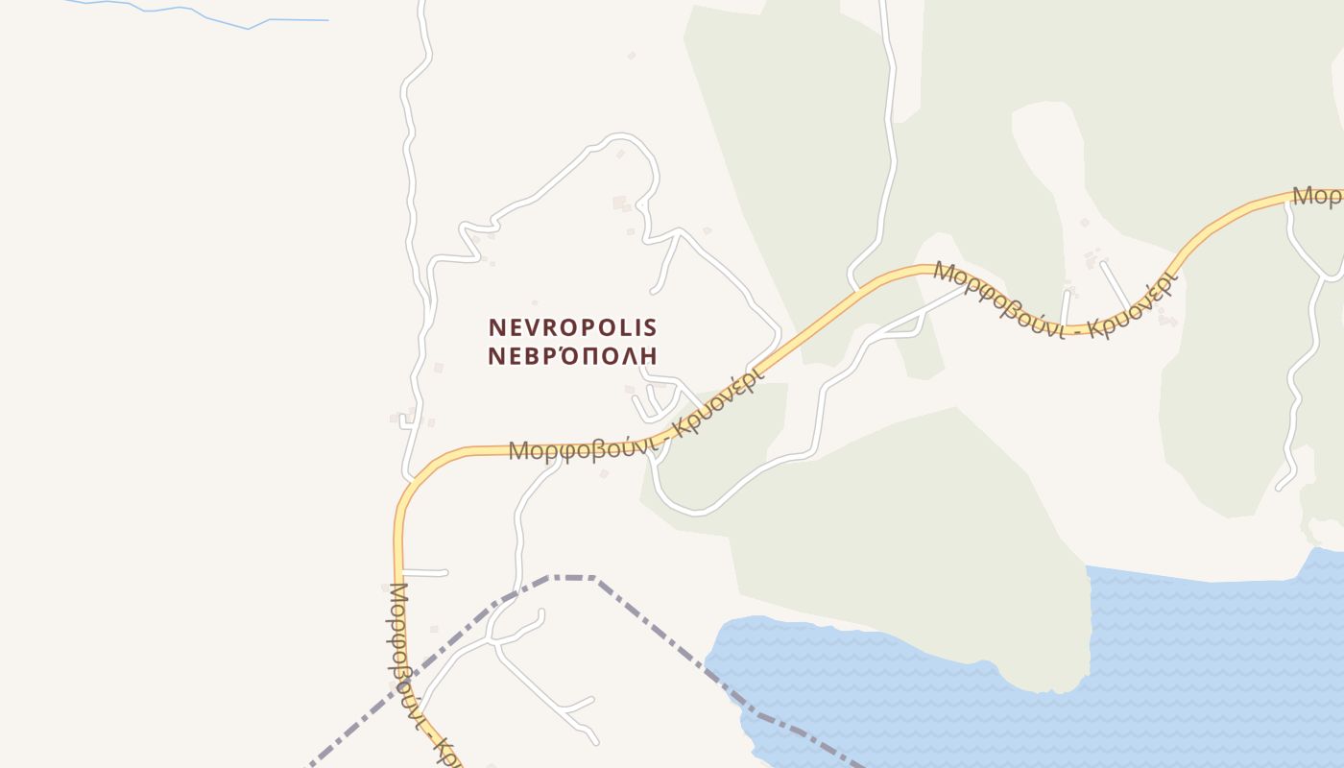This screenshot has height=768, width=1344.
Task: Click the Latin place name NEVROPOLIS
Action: coord(572,327)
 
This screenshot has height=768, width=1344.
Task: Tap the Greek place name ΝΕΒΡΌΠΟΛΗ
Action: coord(572,356)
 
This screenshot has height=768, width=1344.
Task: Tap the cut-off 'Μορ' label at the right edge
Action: coord(1317,196)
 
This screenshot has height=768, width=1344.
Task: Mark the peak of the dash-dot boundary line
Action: coord(572,577)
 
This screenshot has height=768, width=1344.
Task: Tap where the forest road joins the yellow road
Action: coord(855,287)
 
